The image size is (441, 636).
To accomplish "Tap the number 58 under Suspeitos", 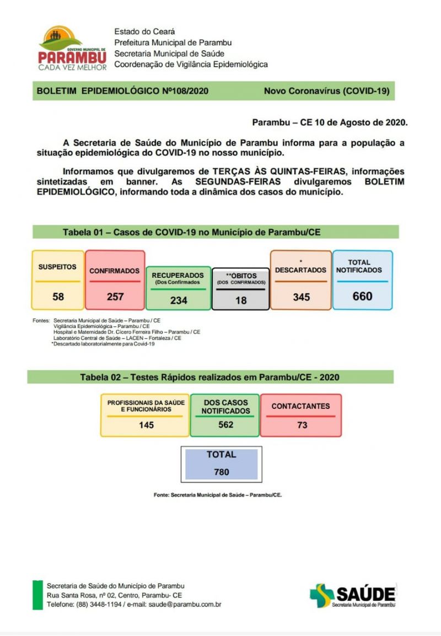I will click(x=58, y=297).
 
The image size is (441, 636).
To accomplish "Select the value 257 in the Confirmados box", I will click(x=115, y=297).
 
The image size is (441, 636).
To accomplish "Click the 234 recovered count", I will click(x=178, y=300).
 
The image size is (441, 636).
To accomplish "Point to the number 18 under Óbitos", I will click(x=241, y=300).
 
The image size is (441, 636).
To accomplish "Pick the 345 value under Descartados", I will click(x=301, y=297).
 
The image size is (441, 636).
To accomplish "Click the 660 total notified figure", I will click(x=362, y=296).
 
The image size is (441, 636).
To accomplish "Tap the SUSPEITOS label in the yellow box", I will click(x=57, y=267).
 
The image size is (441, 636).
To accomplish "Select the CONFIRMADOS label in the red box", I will click(x=115, y=271).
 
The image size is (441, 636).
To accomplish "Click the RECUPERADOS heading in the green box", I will click(x=178, y=275).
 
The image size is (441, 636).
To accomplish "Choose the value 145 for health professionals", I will click(x=146, y=425).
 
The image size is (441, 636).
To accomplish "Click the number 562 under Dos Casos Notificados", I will click(x=225, y=424).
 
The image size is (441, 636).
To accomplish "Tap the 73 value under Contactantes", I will click(x=302, y=425).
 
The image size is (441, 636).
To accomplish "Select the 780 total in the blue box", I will click(x=222, y=472).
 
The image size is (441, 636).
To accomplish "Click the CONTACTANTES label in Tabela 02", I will click(x=300, y=406).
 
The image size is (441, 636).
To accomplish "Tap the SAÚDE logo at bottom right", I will click(x=353, y=595).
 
